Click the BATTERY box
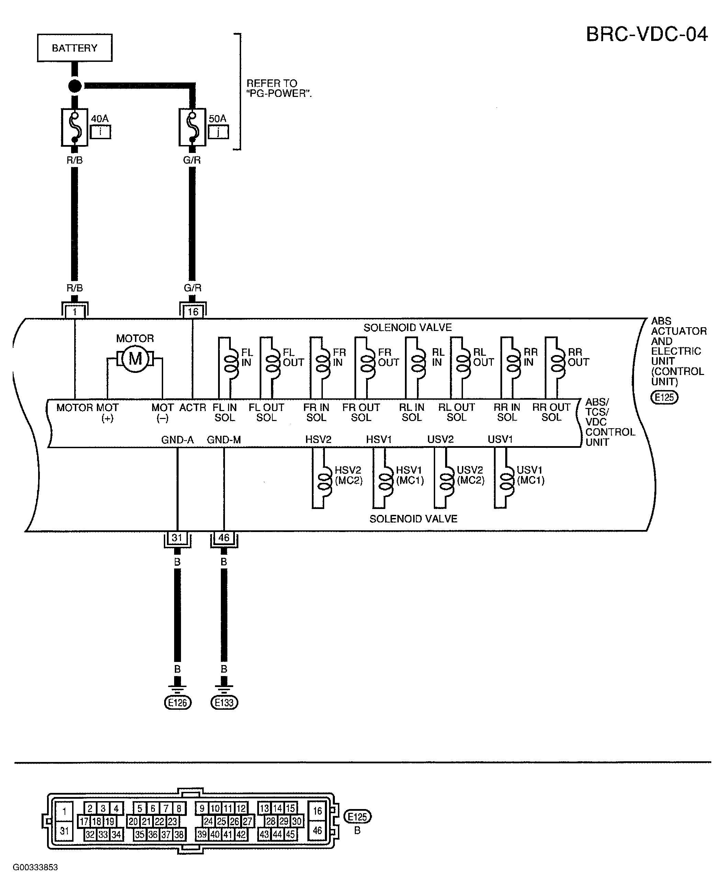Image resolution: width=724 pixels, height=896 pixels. pos(75,48)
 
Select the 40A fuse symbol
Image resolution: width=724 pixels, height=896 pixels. pos(75,127)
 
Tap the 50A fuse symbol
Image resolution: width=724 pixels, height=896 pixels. pos(192,127)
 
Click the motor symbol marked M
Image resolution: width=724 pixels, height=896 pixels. pos(135,359)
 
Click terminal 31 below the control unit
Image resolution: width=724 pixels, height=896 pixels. pos(177,538)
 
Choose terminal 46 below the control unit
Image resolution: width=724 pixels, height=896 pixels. pos(224,538)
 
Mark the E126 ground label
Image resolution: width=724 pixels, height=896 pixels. pos(177,703)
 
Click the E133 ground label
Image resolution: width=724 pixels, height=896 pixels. pos(224,703)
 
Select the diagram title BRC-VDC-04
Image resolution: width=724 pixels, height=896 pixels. pos(647,34)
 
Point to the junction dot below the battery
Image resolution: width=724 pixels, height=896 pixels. pos(75,86)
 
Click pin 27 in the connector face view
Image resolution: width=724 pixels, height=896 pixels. pos(247,821)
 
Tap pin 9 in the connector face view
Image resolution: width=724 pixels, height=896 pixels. pos(202,808)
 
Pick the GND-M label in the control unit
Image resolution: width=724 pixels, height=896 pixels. pos(224,440)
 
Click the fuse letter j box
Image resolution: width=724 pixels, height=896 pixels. pos(218,132)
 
